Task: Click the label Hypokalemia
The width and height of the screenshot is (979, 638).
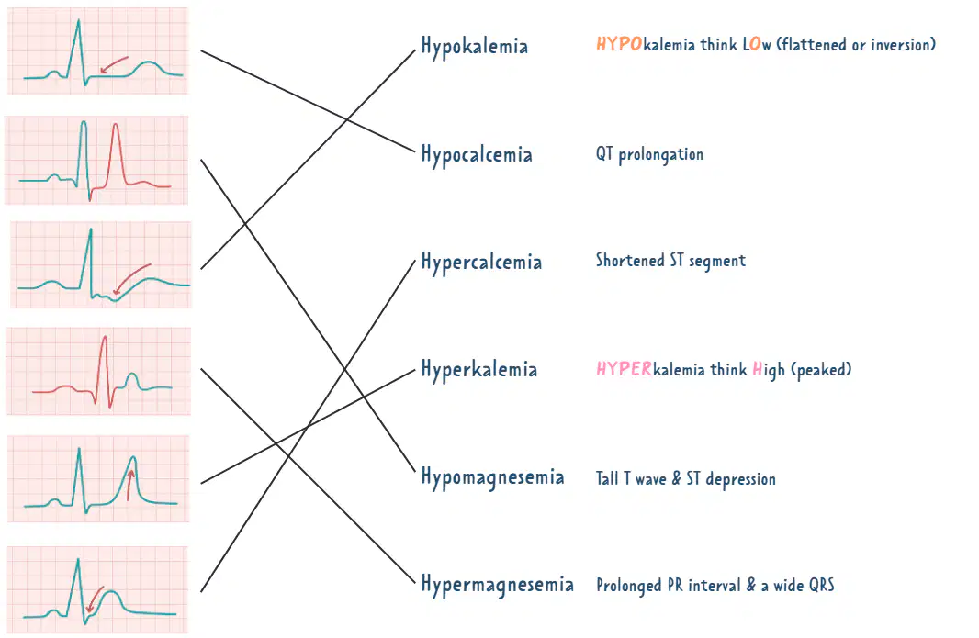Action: pos(475,46)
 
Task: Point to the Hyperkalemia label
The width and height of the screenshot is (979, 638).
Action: pos(478,370)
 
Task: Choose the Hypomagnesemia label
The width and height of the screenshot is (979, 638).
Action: pos(492,477)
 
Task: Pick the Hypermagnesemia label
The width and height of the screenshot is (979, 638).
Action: pos(498,585)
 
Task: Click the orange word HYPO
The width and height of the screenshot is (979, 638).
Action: pos(619,44)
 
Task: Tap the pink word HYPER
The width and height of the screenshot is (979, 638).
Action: pos(625,369)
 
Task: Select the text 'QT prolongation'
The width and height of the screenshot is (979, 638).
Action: pos(649,154)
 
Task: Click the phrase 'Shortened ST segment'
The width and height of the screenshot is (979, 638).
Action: pos(670,261)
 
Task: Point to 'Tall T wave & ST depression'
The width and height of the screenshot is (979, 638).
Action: pos(685,479)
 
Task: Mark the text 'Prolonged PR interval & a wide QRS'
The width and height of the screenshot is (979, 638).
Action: pos(715,586)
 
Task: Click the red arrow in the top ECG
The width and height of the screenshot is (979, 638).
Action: pos(114,64)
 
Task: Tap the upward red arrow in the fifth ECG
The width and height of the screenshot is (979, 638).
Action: pos(129,485)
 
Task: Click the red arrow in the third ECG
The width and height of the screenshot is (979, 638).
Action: pos(131,278)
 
